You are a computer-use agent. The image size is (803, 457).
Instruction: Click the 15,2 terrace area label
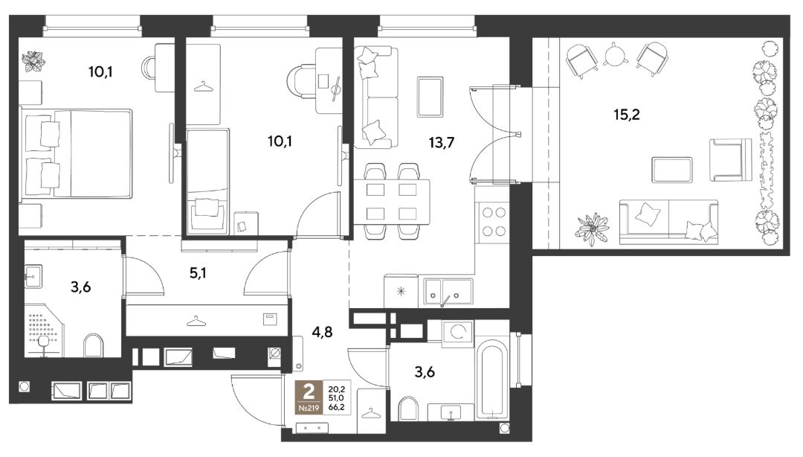point(627,115)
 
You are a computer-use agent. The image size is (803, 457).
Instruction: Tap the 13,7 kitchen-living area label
point(442,142)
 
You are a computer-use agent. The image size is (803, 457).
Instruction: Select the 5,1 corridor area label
point(199,273)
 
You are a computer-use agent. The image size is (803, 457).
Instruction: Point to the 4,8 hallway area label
point(322,332)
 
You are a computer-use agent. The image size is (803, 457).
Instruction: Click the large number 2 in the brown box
point(309,393)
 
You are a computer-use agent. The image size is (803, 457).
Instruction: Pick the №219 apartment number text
point(309,409)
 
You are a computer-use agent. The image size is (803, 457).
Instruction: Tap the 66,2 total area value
point(337,407)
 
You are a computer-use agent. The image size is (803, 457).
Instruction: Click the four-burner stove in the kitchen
point(493,222)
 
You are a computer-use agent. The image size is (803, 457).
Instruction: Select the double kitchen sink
point(445,291)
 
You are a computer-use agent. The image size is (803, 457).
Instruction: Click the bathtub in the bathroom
point(491,379)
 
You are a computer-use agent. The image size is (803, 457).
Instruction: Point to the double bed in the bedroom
point(76,153)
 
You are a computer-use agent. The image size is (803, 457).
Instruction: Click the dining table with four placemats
point(392,202)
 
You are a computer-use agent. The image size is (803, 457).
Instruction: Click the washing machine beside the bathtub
point(458,330)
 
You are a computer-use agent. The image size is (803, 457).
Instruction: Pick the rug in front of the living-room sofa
point(430,97)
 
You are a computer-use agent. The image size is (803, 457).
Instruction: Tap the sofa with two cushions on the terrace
point(668,222)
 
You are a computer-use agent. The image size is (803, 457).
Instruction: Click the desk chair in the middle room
point(302,82)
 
